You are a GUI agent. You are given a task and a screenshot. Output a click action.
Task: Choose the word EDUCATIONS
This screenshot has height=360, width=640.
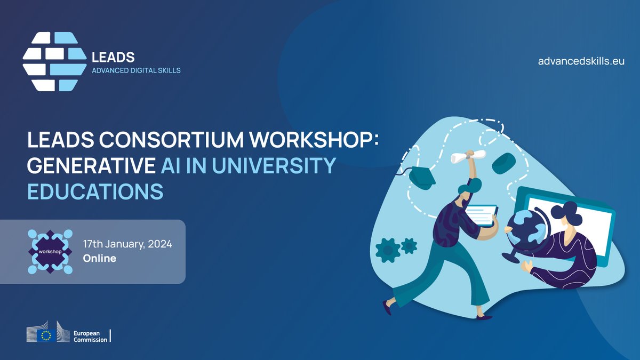[x=95, y=191]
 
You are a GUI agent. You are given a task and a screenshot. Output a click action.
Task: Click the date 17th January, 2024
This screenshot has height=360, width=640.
[x=127, y=245]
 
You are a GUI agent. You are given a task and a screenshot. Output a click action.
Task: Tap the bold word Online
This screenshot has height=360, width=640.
[x=99, y=259]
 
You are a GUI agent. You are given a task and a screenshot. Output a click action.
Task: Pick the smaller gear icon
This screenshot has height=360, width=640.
[x=409, y=246]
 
